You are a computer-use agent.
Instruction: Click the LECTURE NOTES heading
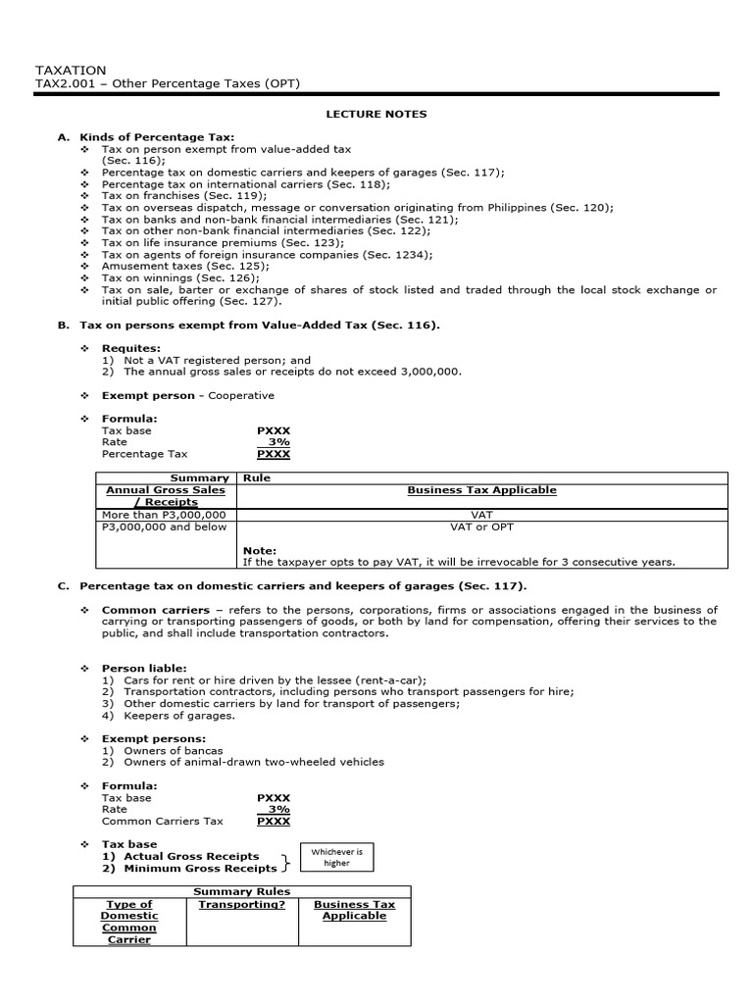(x=376, y=114)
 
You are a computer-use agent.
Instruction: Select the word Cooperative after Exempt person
(x=241, y=395)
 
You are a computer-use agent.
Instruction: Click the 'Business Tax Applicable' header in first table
(x=481, y=490)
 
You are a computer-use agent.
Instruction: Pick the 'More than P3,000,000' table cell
(x=165, y=514)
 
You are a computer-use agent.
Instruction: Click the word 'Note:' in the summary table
(x=260, y=550)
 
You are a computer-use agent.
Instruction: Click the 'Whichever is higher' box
(x=336, y=858)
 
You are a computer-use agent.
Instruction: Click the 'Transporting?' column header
(x=242, y=904)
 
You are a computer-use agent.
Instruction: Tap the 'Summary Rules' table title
(x=241, y=890)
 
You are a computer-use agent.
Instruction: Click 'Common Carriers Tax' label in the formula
(x=163, y=821)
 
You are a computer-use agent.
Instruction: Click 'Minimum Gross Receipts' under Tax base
(x=200, y=868)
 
